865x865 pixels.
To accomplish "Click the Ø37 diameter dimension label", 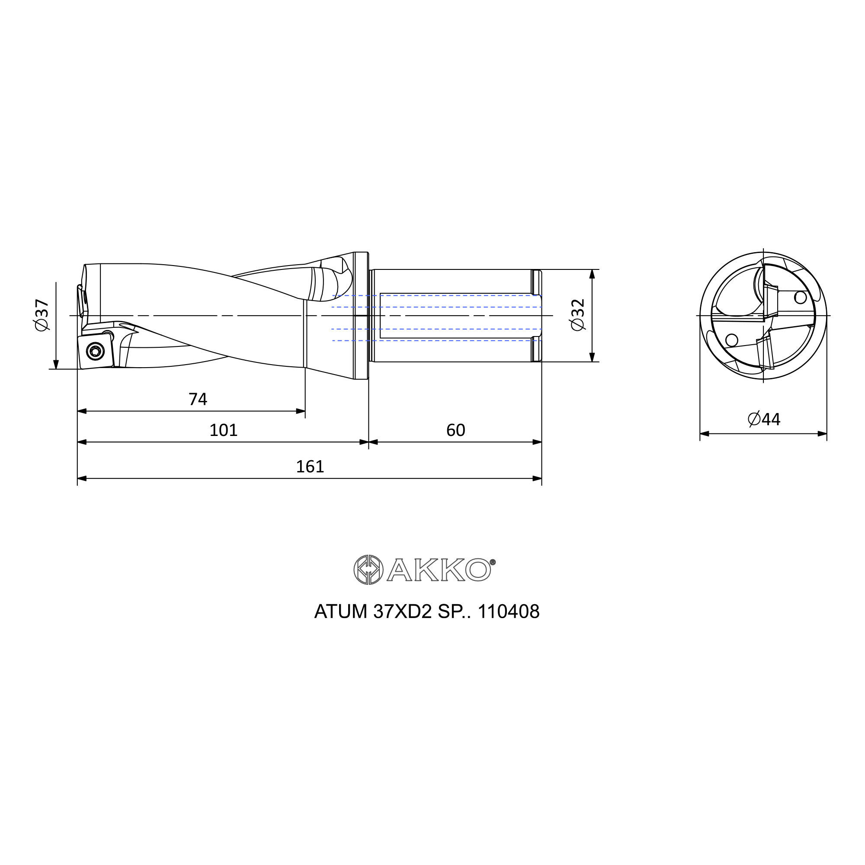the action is (x=42, y=315).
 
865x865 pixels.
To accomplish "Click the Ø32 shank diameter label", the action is (x=578, y=315).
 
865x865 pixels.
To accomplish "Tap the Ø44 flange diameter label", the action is (x=764, y=419).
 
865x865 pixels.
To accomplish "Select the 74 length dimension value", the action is (x=198, y=399).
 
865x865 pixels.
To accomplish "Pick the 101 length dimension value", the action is (x=224, y=430).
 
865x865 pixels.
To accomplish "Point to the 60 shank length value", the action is (x=456, y=430).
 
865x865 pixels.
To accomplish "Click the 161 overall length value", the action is (x=310, y=467).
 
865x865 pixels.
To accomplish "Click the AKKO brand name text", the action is (x=439, y=570).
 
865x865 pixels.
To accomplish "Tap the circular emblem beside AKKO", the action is (x=368, y=570).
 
